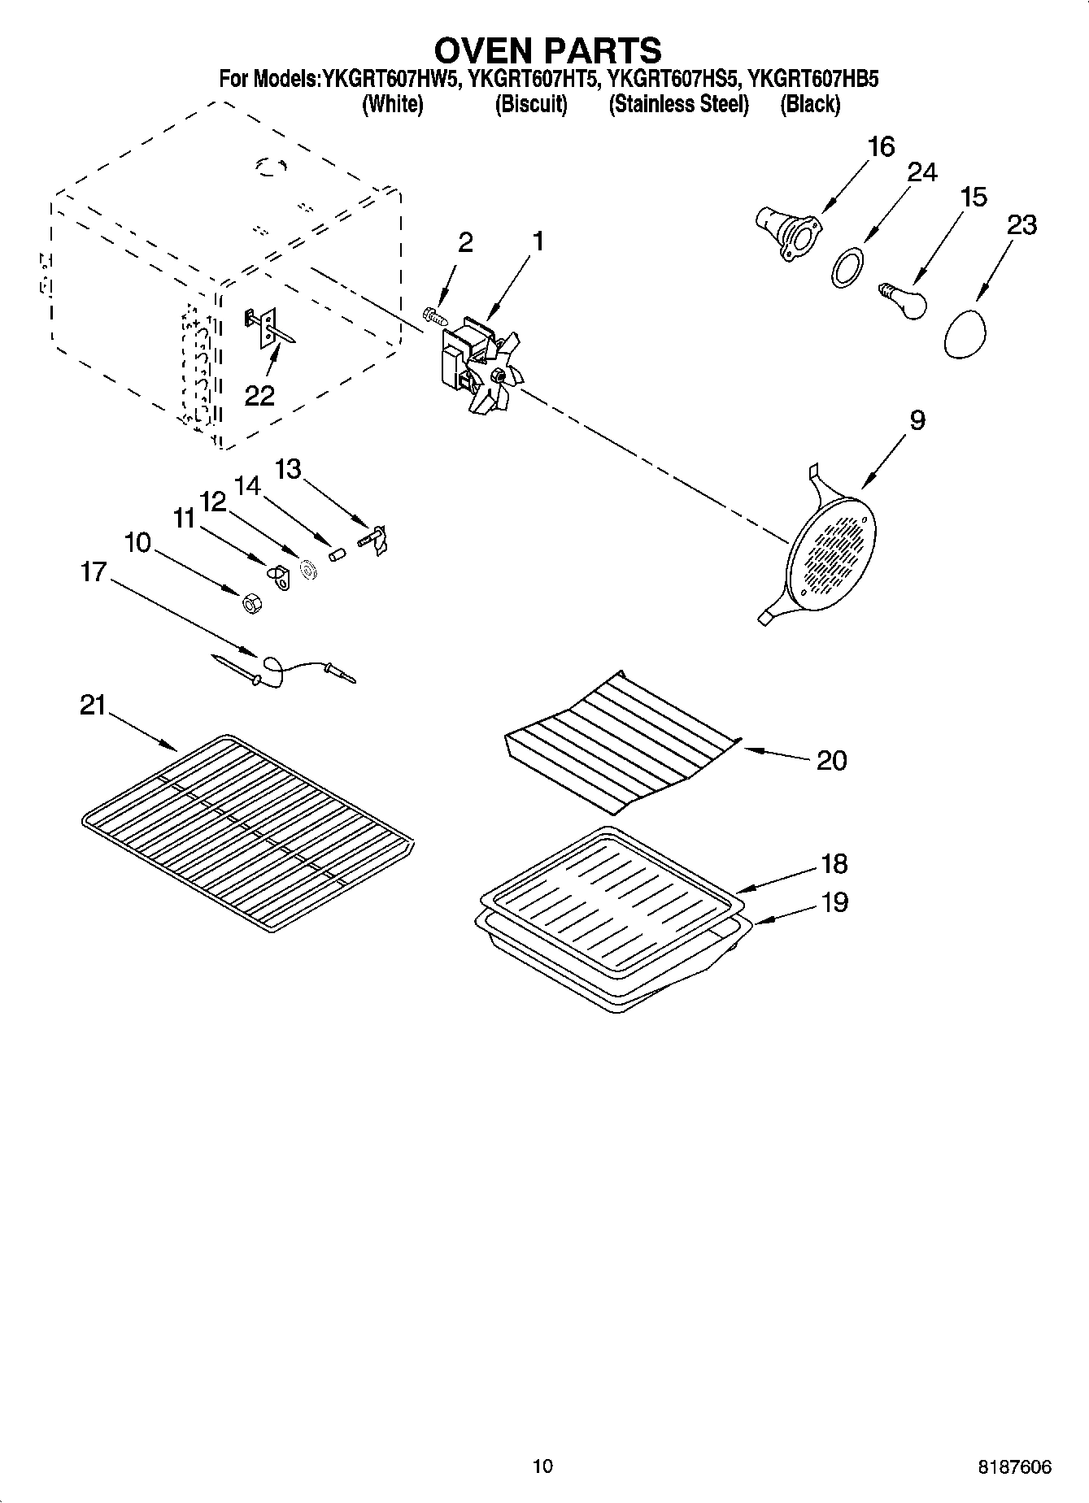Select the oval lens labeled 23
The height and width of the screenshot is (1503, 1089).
click(965, 332)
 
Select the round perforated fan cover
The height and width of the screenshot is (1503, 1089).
click(831, 551)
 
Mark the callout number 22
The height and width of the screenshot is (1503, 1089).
click(260, 396)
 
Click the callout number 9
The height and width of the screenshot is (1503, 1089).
click(917, 420)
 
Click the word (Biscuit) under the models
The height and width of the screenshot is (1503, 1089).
click(531, 104)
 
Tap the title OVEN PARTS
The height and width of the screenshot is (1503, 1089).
click(547, 50)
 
